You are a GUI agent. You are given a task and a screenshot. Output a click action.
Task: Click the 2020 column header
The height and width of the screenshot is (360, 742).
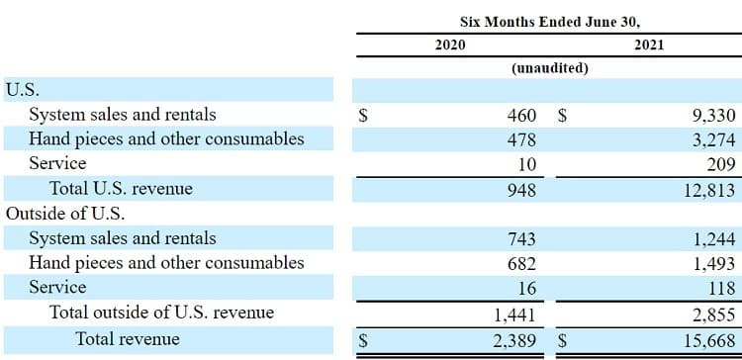pos(450,45)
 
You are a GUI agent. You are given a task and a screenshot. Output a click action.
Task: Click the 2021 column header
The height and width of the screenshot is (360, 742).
pos(649,45)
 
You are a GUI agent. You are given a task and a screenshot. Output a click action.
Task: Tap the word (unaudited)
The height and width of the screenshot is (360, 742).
pos(549,68)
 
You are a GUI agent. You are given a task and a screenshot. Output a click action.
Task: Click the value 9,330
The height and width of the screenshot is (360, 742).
pos(713,116)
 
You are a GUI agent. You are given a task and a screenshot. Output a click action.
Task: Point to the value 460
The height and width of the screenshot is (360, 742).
pos(522,115)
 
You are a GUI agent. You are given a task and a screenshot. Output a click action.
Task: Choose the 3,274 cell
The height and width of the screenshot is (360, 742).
pos(713,140)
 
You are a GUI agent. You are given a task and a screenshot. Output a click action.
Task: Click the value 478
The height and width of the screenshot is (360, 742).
pos(522,140)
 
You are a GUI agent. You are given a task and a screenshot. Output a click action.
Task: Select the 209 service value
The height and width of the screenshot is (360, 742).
pos(722,164)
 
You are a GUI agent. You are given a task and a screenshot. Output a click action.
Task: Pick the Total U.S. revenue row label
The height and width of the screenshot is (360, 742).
pos(121,188)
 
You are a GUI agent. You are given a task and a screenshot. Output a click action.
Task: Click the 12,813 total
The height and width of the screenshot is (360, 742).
pos(709,190)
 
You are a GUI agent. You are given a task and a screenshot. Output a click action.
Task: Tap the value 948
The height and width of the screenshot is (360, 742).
pos(522,190)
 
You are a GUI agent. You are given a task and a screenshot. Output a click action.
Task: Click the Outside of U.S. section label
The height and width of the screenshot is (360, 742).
pos(65,214)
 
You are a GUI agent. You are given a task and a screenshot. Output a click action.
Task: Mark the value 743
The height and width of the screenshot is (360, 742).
pos(522,238)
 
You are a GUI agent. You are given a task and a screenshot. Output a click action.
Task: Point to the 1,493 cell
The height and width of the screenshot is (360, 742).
pos(714,264)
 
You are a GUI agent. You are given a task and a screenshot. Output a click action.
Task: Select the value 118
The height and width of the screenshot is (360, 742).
pos(722,288)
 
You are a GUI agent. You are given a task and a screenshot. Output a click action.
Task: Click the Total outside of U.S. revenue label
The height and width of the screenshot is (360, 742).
pos(162,313)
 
